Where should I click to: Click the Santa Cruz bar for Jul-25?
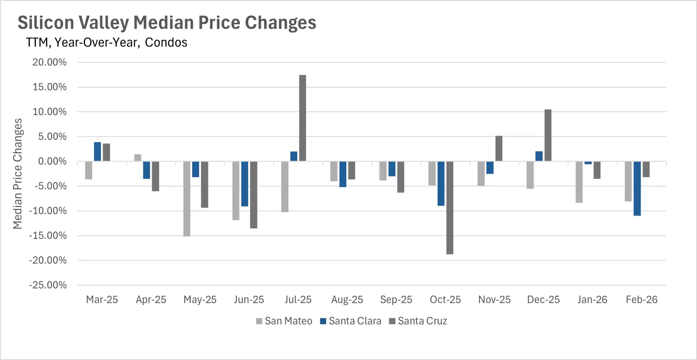pyautogui.click(x=302, y=118)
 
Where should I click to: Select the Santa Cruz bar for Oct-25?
pyautogui.click(x=450, y=208)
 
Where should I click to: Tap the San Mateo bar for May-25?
pyautogui.click(x=187, y=199)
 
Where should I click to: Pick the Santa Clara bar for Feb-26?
pyautogui.click(x=637, y=188)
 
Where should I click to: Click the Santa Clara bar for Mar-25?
pyautogui.click(x=97, y=152)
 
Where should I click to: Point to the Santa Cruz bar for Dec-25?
pyautogui.click(x=548, y=135)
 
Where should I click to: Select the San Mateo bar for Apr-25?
pyautogui.click(x=138, y=158)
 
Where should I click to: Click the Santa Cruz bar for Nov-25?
pyautogui.click(x=499, y=148)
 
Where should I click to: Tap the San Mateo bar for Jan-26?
pyautogui.click(x=579, y=182)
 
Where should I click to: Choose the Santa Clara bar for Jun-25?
pyautogui.click(x=245, y=184)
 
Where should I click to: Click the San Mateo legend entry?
pyautogui.click(x=284, y=321)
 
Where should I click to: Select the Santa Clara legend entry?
pyautogui.click(x=350, y=321)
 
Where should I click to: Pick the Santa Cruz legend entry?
pyautogui.click(x=418, y=321)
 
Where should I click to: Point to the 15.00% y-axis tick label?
pyautogui.click(x=49, y=87)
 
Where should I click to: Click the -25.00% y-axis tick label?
pyautogui.click(x=48, y=285)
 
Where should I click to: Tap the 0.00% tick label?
pyautogui.click(x=52, y=161)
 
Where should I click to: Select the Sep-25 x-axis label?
pyautogui.click(x=396, y=300)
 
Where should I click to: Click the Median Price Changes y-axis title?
pyautogui.click(x=17, y=173)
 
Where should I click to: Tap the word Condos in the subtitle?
pyautogui.click(x=166, y=43)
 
